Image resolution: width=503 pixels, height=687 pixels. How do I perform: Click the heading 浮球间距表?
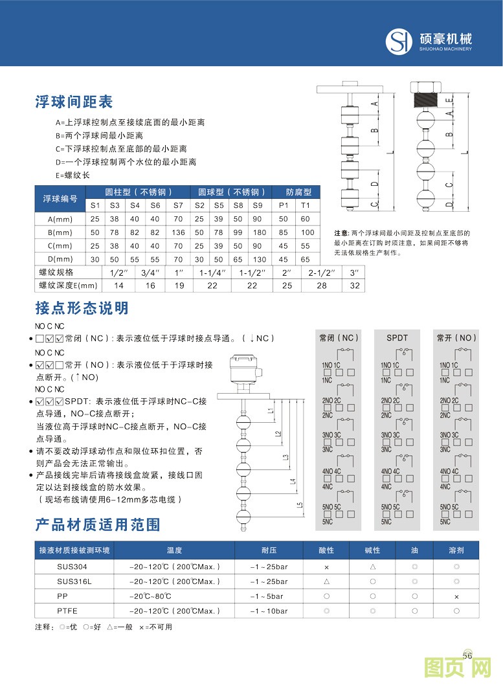[x=74, y=102]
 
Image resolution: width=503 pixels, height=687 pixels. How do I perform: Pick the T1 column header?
[x=306, y=205]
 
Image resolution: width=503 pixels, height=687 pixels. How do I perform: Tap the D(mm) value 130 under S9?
[x=259, y=260]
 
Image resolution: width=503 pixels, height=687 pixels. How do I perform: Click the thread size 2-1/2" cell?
[x=322, y=273]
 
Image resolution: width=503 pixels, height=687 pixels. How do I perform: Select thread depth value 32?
[x=354, y=286]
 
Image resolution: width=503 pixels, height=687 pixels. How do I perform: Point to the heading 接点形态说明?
[x=82, y=308]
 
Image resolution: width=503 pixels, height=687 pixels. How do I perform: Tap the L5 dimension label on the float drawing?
[x=300, y=505]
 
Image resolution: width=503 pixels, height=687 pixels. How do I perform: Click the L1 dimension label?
[x=270, y=411]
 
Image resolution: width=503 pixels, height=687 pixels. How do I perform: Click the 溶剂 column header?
[x=456, y=550]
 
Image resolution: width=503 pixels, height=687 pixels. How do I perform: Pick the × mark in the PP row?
[x=456, y=596]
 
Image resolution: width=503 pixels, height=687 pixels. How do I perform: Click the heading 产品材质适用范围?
[x=97, y=524]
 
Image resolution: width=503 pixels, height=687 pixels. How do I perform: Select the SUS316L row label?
[x=74, y=581]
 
